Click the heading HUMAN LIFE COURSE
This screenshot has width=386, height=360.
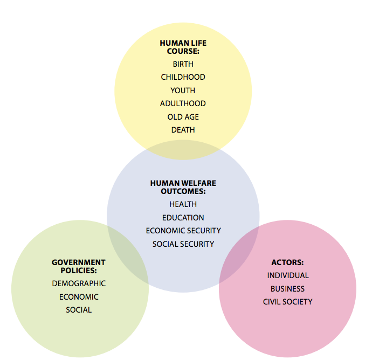183,47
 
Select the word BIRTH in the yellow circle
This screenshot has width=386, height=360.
183,64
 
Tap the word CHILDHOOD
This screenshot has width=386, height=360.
183,77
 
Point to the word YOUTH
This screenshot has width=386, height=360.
183,91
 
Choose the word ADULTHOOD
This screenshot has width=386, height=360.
183,103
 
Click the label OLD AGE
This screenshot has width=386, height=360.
183,117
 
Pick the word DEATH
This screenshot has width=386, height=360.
183,130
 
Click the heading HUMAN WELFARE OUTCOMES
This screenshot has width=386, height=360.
183,187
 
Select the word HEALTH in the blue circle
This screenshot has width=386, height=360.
183,204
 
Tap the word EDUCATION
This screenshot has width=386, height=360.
183,218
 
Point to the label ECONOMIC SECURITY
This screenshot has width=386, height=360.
183,231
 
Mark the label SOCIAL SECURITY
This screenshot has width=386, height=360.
183,244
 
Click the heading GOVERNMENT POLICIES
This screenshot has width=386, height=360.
79,266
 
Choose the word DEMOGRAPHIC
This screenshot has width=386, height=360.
79,283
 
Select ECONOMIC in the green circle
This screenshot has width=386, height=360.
79,297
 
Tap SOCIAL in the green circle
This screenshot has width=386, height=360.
79,310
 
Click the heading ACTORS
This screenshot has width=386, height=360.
287,262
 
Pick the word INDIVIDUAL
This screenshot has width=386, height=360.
287,275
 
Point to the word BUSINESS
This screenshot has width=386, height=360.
287,289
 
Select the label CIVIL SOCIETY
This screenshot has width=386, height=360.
287,302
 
